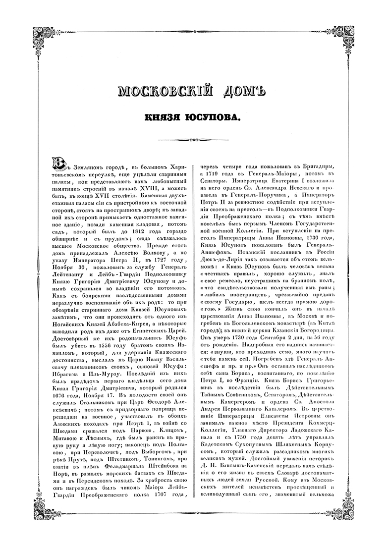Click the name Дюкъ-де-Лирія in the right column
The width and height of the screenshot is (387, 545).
(x=223, y=293)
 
